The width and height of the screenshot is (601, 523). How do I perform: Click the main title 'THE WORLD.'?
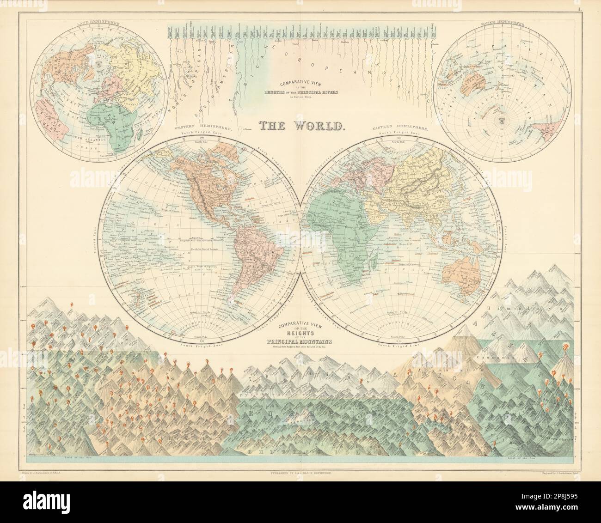point(300,125)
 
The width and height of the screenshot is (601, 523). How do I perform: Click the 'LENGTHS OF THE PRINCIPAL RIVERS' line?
point(300,92)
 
